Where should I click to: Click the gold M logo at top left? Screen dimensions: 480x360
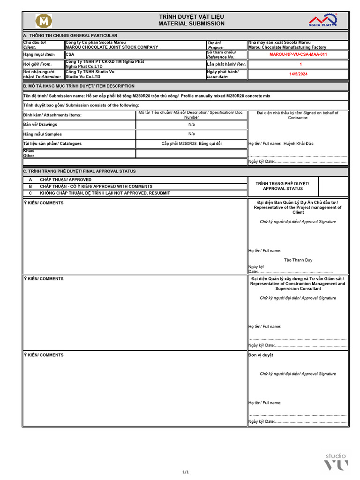pos(44,21)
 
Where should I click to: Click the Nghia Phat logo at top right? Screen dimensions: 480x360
pos(322,21)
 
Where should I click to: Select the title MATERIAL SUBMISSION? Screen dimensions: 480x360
pos(191,23)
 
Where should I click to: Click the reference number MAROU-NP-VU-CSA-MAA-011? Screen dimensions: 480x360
pos(298,54)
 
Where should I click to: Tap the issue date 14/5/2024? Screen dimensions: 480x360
pos(298,74)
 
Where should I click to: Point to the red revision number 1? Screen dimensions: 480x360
pos(301,64)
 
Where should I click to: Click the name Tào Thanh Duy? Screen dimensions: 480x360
pos(298,260)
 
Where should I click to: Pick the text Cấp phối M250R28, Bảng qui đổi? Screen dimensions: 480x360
pos(192,143)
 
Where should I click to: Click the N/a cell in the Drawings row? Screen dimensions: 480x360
pos(192,124)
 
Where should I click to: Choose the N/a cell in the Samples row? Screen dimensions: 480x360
pos(192,134)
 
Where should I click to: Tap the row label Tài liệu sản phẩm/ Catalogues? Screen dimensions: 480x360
pos(52,143)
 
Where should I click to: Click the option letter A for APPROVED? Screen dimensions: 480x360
pos(30,180)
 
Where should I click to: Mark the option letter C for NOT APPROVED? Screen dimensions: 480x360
pos(30,193)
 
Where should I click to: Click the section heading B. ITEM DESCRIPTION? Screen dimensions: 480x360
pos(79,86)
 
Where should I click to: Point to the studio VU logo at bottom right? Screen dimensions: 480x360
pos(337,461)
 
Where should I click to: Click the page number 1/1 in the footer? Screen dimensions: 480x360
pos(186,472)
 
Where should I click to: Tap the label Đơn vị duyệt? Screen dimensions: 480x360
pos(261,355)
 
